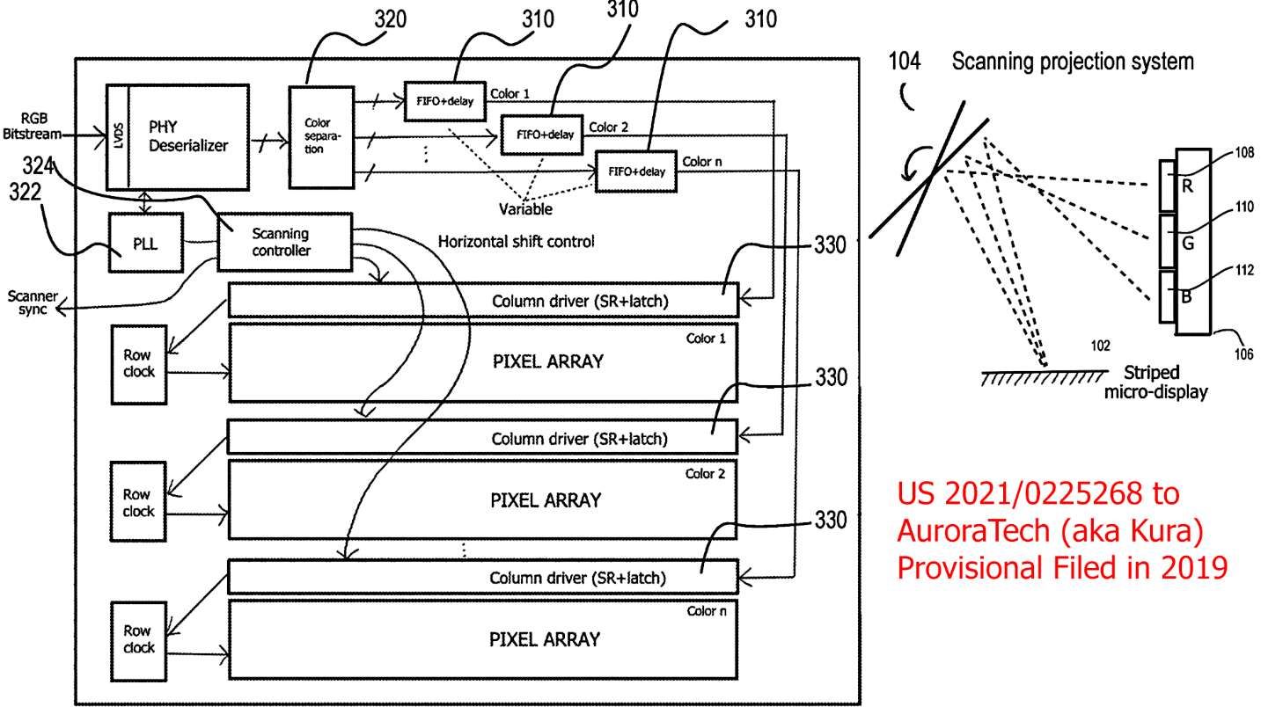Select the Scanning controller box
click(280, 242)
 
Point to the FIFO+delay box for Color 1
click(444, 99)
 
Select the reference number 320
click(389, 19)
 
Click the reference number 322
click(25, 193)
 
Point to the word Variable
click(525, 209)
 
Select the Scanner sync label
click(33, 303)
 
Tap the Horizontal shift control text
click(515, 240)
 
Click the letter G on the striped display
click(1187, 243)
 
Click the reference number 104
click(905, 62)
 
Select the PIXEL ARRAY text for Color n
click(545, 638)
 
